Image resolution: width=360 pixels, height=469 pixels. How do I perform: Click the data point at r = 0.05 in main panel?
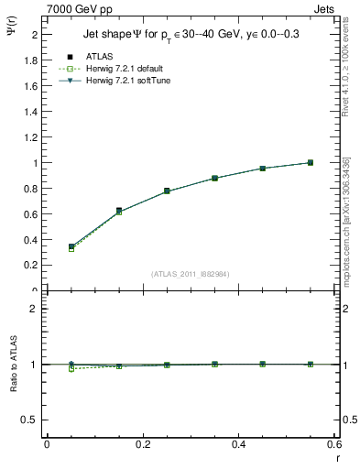pos(71,246)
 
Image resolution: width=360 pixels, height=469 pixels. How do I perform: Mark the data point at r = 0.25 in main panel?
pos(167,191)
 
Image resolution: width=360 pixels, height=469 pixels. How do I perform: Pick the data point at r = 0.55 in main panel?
pos(311,162)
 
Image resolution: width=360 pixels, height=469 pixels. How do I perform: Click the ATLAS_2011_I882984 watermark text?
pos(191,273)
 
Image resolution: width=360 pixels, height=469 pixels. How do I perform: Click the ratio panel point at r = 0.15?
pos(119,365)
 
